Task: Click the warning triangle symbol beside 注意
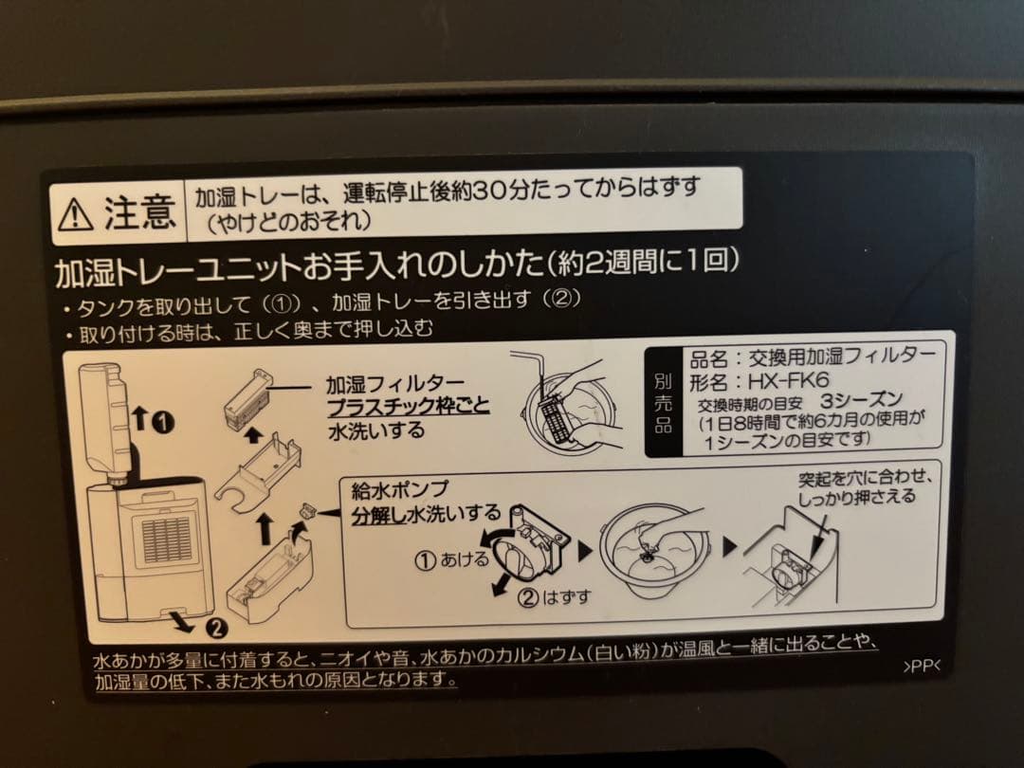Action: (75, 214)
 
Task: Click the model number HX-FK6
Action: (776, 381)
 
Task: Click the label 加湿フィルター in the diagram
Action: (382, 385)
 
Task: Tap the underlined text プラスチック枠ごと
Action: (408, 408)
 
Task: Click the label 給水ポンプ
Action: (399, 489)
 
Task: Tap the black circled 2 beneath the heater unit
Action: (215, 626)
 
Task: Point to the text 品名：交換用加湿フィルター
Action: (813, 357)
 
